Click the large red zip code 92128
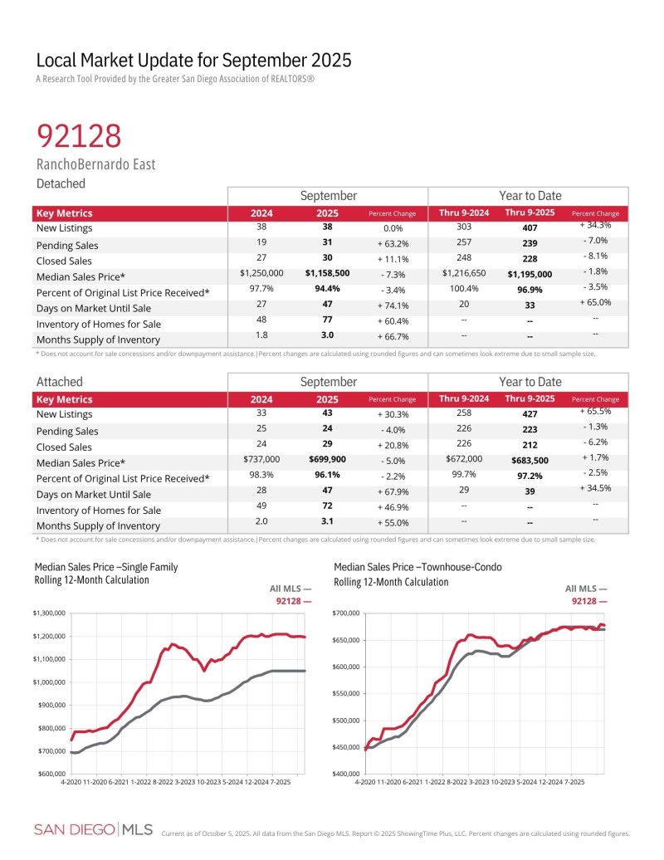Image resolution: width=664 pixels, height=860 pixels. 79,136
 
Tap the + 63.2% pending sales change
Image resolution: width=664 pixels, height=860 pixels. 393,245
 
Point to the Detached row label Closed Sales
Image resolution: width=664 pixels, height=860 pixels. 65,261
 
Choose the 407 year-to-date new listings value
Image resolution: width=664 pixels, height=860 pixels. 529,228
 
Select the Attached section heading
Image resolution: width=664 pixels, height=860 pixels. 60,382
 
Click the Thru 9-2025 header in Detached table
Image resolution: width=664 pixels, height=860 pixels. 529,213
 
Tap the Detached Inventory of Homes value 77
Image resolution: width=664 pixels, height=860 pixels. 327,324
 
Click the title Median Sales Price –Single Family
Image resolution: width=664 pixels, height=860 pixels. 106,568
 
